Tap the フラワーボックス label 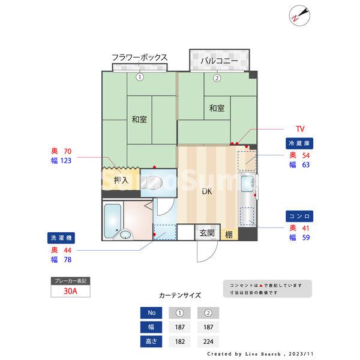pyautogui.click(x=139, y=58)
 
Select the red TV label pyautogui.click(x=300, y=129)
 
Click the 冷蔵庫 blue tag pyautogui.click(x=301, y=144)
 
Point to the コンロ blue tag pyautogui.click(x=301, y=215)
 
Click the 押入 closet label pyautogui.click(x=121, y=179)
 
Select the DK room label pyautogui.click(x=206, y=192)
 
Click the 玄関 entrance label pyautogui.click(x=207, y=233)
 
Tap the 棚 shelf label pyautogui.click(x=229, y=234)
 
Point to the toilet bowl pyautogui.click(x=157, y=182)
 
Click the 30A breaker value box pyautogui.click(x=70, y=292)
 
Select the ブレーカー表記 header pyautogui.click(x=70, y=280)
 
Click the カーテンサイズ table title pyautogui.click(x=180, y=295)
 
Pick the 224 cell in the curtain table pyautogui.click(x=208, y=341)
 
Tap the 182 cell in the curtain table pyautogui.click(x=179, y=341)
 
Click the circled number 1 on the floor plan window pyautogui.click(x=139, y=77)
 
